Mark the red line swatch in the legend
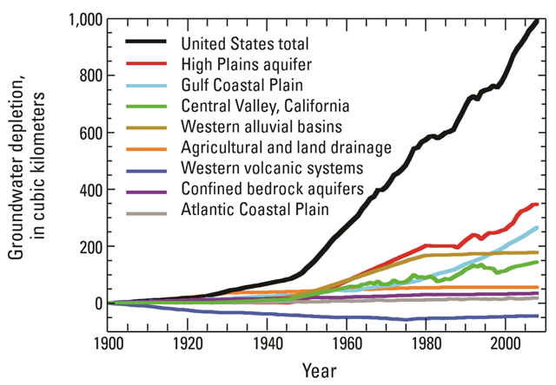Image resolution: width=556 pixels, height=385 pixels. tap(149, 64)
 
